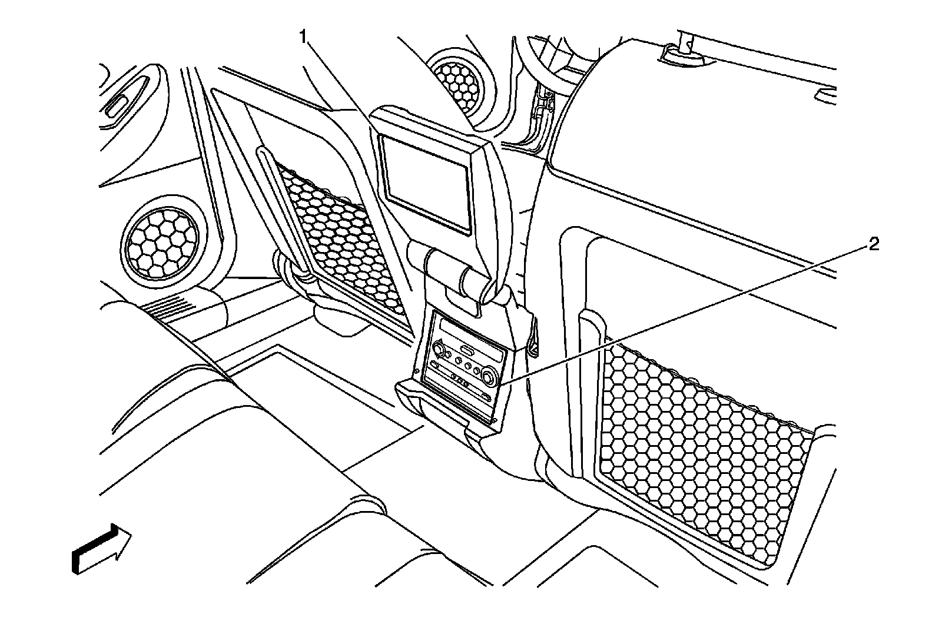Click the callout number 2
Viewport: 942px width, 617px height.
coord(873,244)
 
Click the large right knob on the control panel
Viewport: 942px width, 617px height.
coord(489,374)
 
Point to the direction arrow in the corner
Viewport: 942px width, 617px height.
coord(101,549)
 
